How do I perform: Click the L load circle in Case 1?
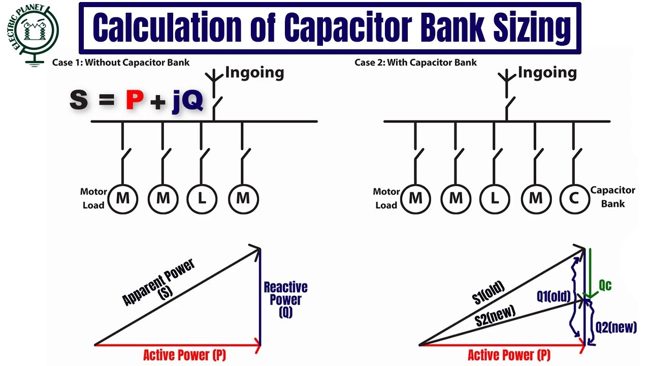coord(202,198)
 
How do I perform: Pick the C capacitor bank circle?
coord(574,198)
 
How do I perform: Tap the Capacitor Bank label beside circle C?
coord(612,197)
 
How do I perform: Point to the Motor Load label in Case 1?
coord(93,199)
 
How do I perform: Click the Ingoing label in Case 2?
coord(547,73)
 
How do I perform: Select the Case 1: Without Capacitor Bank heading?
coord(121,63)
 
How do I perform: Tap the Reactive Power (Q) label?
coord(285,300)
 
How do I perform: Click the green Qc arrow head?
coord(590,295)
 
